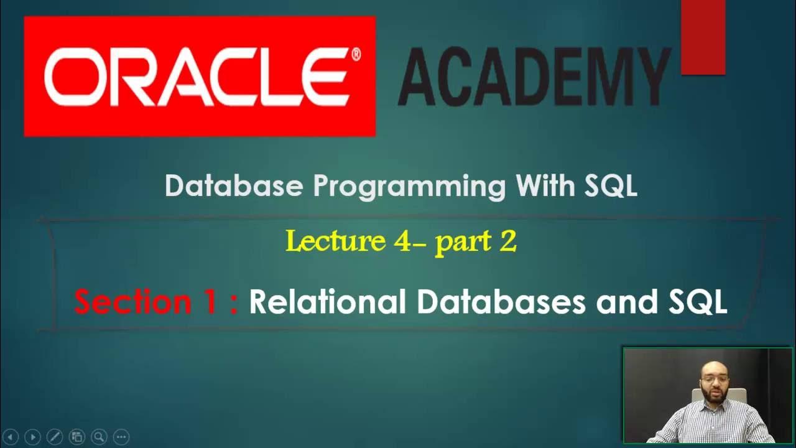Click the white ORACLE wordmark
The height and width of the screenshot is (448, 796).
coord(196,78)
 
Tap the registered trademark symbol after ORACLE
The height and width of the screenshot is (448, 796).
coord(356,55)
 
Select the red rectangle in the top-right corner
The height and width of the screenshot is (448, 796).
coord(703,37)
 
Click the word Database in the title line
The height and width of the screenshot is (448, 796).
coord(234,186)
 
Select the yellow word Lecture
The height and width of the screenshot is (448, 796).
coord(336,241)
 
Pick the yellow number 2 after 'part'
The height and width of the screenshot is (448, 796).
coord(507,241)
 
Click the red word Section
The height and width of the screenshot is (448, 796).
coord(146,302)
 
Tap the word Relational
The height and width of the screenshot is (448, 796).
coord(327,302)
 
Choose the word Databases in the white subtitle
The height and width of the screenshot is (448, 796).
coord(501,302)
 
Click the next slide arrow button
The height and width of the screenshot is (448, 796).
coord(33,437)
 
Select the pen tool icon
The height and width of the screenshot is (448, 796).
coord(55,437)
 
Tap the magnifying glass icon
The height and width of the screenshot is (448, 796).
coord(98,437)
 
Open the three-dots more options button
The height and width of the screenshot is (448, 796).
coord(121,437)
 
